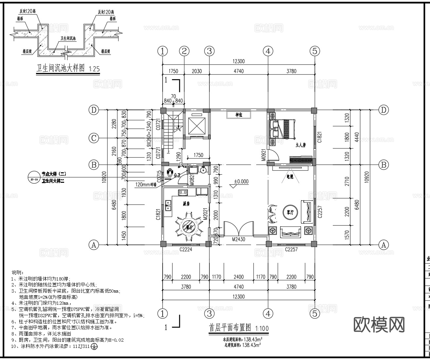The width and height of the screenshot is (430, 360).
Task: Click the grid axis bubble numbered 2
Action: (184, 51)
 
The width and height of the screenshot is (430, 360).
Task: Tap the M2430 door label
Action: (239, 239)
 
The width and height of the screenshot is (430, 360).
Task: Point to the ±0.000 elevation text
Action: (241, 181)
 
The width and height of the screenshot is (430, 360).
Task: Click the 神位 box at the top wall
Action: (239, 115)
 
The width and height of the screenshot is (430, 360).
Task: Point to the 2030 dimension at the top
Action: (197, 71)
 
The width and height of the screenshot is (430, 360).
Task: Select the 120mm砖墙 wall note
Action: (146, 184)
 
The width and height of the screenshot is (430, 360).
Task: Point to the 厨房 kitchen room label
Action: (186, 204)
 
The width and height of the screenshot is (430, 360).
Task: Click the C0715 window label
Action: (159, 177)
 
